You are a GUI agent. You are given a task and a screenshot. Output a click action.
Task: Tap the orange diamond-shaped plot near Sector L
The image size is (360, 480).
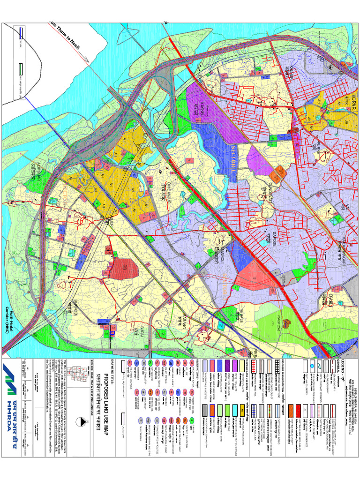click(280, 172)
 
